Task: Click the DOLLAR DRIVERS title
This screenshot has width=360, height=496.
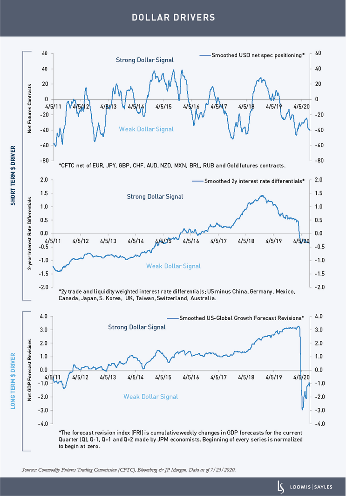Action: click(173, 17)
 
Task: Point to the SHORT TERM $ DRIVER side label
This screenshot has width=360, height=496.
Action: click(13, 175)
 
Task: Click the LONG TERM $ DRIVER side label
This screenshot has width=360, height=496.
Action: click(13, 381)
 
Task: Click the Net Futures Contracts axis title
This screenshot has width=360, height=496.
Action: click(29, 109)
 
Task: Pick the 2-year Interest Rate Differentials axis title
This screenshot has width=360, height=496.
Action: click(30, 234)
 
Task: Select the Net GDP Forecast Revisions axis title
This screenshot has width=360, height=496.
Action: click(29, 370)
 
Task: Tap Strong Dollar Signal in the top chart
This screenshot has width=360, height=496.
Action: click(144, 60)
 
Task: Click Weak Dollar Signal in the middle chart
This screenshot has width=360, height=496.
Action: click(173, 266)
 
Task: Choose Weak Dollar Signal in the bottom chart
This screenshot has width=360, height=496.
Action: click(150, 397)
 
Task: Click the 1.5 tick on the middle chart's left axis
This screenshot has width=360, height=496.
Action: click(44, 193)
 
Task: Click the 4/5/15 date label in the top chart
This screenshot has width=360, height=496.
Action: click(163, 107)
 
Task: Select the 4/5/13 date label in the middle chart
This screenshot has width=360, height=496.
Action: click(108, 241)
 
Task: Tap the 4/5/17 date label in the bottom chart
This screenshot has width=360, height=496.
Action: click(218, 378)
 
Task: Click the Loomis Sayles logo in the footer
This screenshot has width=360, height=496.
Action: click(305, 487)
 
